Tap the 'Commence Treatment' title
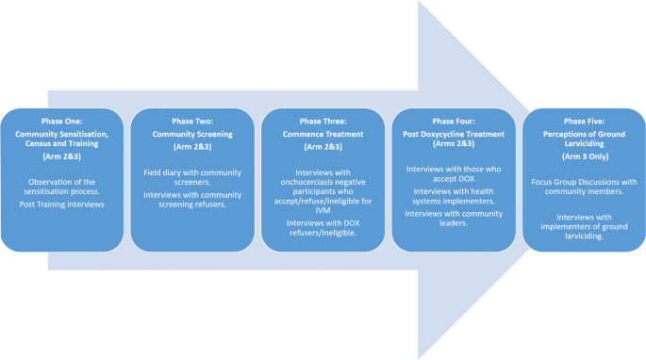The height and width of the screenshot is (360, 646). [x=323, y=135]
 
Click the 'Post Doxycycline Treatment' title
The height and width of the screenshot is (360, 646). [x=454, y=134]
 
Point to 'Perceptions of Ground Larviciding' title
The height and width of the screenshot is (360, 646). [x=584, y=139]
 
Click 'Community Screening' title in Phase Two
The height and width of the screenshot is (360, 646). [x=192, y=134]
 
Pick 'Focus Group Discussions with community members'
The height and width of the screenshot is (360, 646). [x=584, y=185]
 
